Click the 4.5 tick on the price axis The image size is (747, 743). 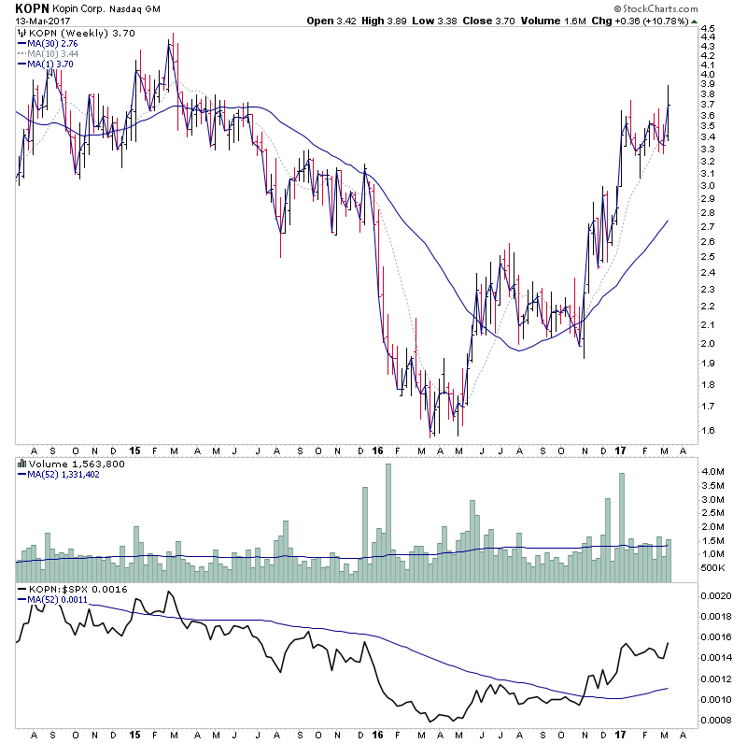(708, 29)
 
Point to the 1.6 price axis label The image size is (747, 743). (708, 430)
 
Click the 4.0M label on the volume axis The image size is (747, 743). (712, 472)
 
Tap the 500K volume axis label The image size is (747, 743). (713, 567)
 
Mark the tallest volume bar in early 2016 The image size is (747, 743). (388, 522)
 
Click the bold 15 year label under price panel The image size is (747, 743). (136, 449)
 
